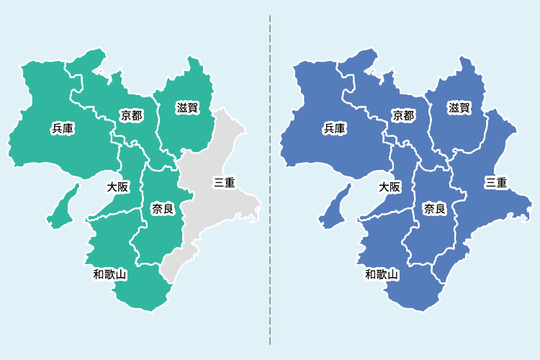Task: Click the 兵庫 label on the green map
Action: pos(63,129)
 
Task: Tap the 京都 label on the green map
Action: pos(131,115)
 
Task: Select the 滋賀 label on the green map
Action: pos(187,108)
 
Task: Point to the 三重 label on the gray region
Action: pos(224,182)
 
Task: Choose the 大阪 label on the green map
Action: pos(117,187)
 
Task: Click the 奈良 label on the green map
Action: pos(162,209)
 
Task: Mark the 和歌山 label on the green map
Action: pos(109,274)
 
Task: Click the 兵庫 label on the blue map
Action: pos(335,129)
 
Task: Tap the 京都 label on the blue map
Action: pos(403,115)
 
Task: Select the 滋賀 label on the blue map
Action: pos(459,108)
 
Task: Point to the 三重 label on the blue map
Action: pos(496,182)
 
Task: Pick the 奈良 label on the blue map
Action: pos(434,209)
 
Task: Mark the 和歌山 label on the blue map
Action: pos(382,274)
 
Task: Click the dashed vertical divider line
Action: pos(270,180)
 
